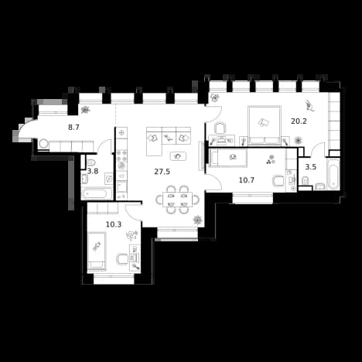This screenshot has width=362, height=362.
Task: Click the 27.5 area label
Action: point(162,172)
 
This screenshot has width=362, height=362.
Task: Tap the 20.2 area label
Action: point(299,121)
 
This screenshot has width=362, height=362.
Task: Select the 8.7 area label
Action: point(73,127)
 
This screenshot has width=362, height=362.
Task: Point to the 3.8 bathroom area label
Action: point(93,171)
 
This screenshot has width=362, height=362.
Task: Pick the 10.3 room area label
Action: point(114,224)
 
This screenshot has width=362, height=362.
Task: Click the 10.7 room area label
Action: point(247,180)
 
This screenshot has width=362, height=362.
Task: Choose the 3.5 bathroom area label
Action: point(311,167)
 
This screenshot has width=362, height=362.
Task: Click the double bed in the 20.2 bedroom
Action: point(265,125)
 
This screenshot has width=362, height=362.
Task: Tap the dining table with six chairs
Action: point(178,200)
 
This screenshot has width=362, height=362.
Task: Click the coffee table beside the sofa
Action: point(178,156)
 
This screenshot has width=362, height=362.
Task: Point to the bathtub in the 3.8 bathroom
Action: point(97,193)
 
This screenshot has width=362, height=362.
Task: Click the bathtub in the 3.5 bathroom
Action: point(333,174)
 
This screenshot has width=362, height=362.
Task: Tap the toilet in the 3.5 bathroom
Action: point(305,180)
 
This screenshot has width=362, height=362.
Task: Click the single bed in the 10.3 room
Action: point(97,251)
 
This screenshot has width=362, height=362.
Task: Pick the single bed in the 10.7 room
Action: point(229,158)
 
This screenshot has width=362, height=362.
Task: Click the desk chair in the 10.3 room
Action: point(122,259)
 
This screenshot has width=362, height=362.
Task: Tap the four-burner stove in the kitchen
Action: point(121,156)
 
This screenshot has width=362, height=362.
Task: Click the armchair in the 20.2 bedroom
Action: point(220,128)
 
